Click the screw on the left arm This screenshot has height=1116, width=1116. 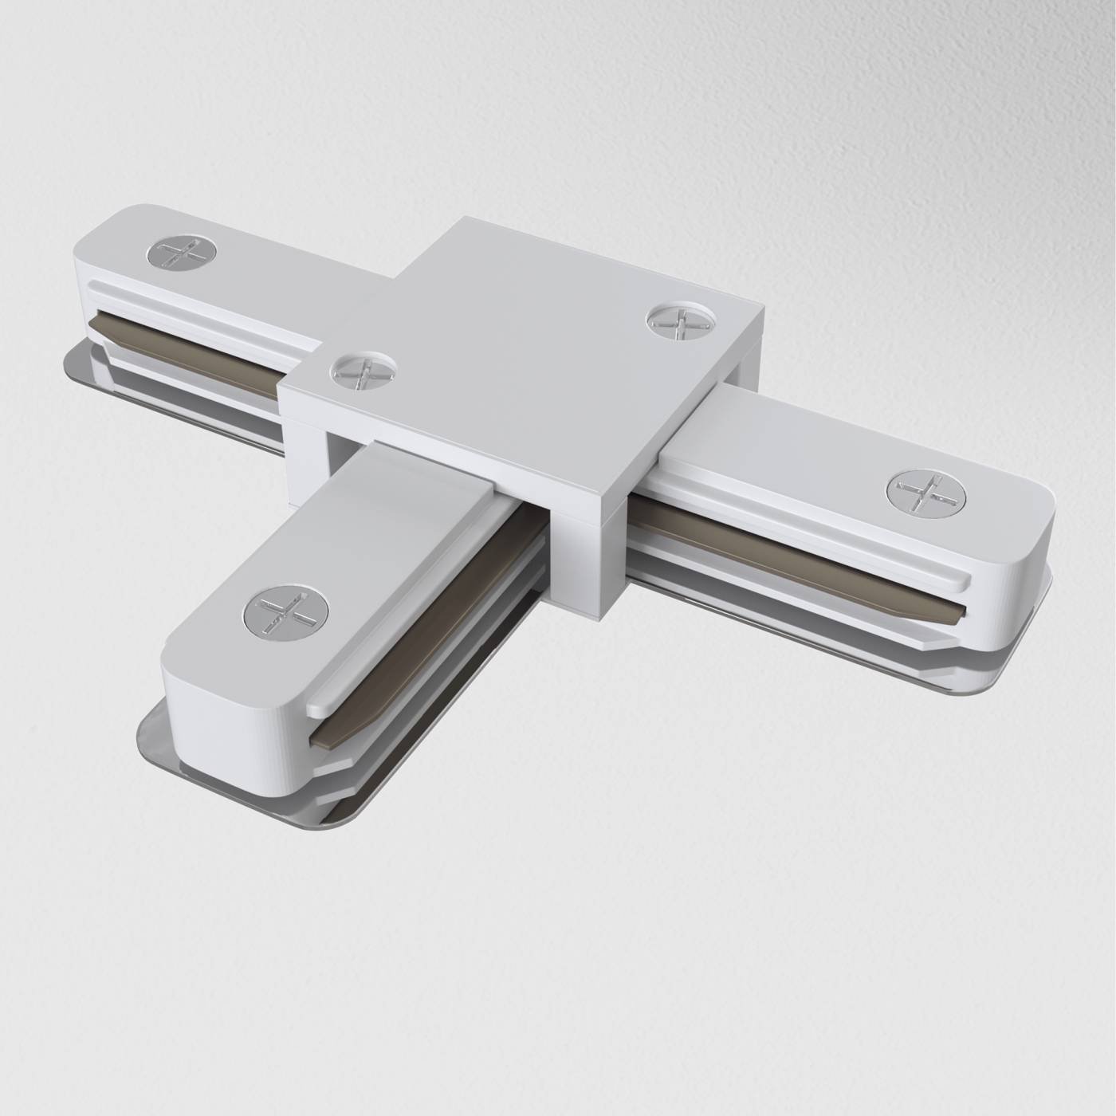pos(177,253)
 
